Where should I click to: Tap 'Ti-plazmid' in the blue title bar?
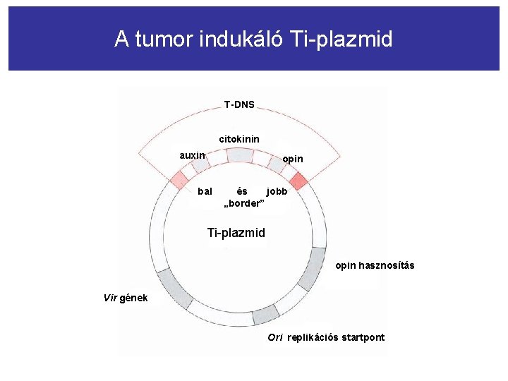coord(340,39)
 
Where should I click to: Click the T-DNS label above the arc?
coord(239,105)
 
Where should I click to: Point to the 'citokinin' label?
coord(239,139)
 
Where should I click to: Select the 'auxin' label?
coord(192,155)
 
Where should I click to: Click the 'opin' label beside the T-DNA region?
coord(293,159)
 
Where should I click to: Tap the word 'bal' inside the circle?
coord(205,191)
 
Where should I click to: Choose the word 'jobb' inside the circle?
coord(277,191)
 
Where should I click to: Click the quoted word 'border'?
coord(243,203)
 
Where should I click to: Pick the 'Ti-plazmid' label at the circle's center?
coord(236,232)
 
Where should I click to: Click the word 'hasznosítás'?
coord(387,266)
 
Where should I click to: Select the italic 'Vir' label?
coord(110,298)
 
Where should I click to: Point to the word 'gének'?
coord(134,298)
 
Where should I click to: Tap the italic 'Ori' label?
coord(274,337)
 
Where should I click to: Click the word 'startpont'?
coord(363,337)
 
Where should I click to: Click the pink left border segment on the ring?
coord(176,179)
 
